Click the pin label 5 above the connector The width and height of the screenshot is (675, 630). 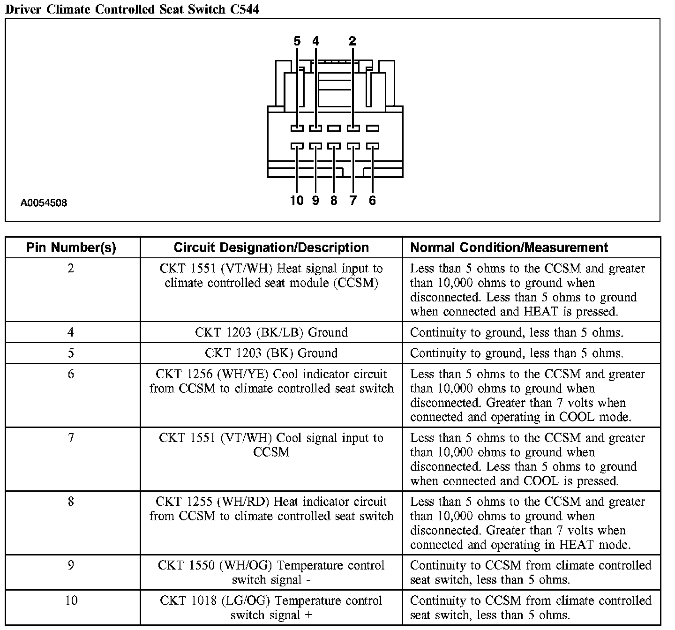[297, 41]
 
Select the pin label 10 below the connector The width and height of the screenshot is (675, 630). [297, 201]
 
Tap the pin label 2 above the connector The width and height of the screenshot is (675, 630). [352, 41]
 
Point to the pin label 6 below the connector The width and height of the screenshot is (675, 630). [372, 201]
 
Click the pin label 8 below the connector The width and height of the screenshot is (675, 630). [334, 201]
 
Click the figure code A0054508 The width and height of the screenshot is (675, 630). [44, 203]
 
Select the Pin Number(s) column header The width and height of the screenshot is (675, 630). [71, 247]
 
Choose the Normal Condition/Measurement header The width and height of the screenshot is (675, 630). [509, 247]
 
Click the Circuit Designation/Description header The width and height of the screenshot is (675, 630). [271, 247]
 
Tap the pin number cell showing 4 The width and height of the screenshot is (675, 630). [71, 332]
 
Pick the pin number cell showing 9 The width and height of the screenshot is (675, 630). [71, 565]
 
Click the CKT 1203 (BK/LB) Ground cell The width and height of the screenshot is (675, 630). [271, 332]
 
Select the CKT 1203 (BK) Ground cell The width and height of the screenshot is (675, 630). [271, 353]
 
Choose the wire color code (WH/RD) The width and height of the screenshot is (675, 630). [243, 502]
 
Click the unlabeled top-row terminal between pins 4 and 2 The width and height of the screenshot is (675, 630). [334, 128]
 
